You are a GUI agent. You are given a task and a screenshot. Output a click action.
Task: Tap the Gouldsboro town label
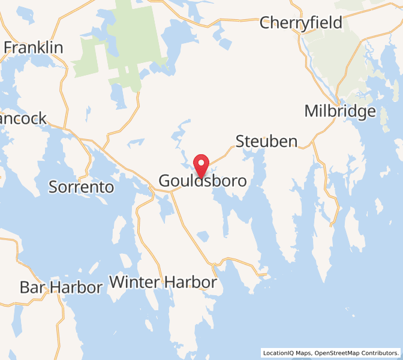pyautogui.click(x=202, y=181)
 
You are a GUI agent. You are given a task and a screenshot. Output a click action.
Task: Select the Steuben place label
pyautogui.click(x=266, y=142)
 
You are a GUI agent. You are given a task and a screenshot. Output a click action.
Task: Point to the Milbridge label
pyautogui.click(x=340, y=111)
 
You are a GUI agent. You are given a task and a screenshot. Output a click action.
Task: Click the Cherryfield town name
pyautogui.click(x=300, y=23)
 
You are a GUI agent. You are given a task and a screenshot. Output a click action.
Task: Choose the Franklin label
pyautogui.click(x=34, y=47)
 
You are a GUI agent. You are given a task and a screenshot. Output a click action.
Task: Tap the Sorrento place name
pyautogui.click(x=81, y=187)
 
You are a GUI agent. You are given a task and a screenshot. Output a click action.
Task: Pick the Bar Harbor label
pyautogui.click(x=61, y=287)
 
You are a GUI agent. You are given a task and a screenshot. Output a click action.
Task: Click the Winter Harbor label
pyautogui.click(x=163, y=282)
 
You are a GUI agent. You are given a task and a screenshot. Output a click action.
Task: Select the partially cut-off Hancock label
pyautogui.click(x=23, y=119)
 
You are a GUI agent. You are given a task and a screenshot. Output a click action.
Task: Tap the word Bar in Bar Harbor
pyautogui.click(x=33, y=287)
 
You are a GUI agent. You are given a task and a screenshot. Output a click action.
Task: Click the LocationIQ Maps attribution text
pyautogui.click(x=286, y=353)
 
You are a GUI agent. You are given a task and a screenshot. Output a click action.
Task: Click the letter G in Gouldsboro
pyautogui.click(x=165, y=181)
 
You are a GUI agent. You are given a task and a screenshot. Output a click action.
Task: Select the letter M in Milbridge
pyautogui.click(x=312, y=111)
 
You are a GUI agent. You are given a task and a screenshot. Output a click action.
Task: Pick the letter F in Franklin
pyautogui.click(x=8, y=47)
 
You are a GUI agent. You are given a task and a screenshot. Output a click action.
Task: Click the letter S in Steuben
pyautogui.click(x=241, y=142)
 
